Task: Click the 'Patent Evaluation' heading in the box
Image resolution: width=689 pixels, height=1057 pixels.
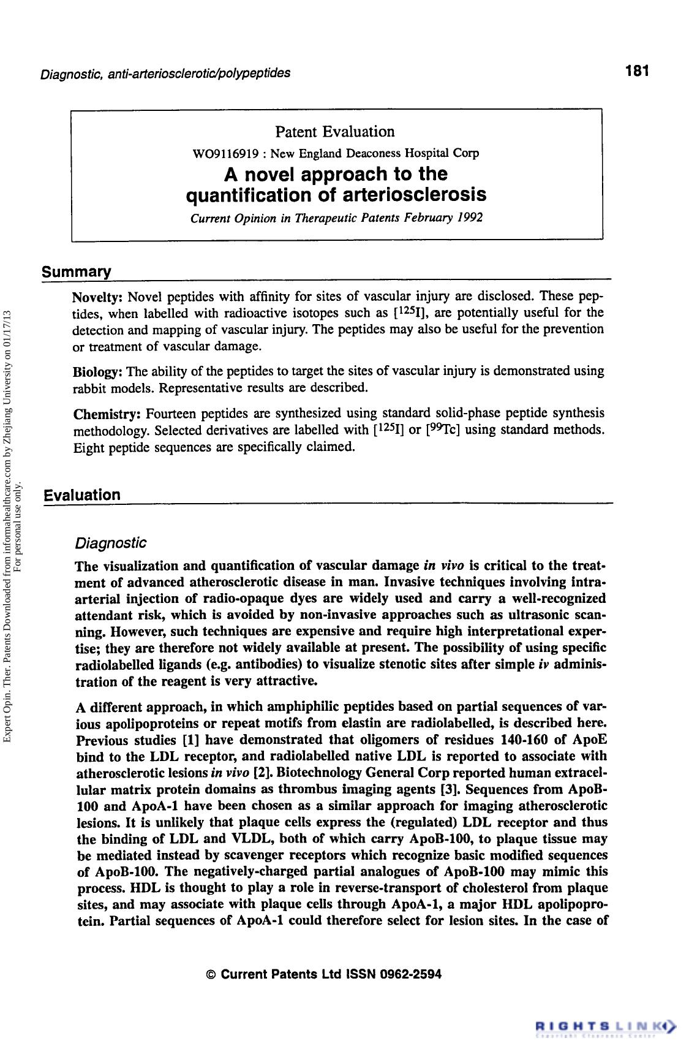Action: (334, 132)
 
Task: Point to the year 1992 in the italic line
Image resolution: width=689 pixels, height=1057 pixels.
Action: (470, 218)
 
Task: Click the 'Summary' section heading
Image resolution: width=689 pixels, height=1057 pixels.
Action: (77, 271)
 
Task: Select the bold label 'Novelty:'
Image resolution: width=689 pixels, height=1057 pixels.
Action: (99, 298)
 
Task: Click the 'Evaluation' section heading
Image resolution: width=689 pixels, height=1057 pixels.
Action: (82, 494)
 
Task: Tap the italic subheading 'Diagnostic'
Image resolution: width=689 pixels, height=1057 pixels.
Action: (110, 543)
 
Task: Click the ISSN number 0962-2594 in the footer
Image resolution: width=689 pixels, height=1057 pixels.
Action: (410, 974)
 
